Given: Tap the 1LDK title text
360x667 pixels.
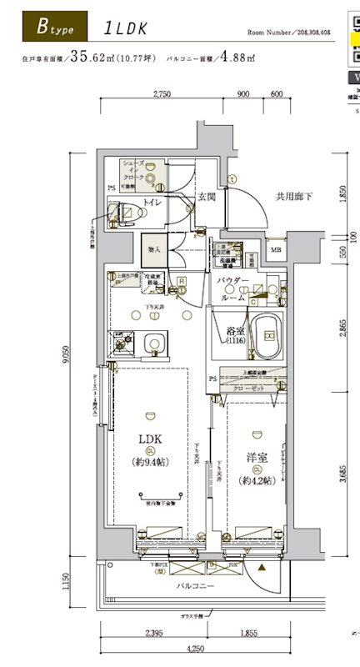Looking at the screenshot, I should (x=126, y=28).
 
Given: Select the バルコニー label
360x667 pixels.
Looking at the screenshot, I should (x=195, y=587).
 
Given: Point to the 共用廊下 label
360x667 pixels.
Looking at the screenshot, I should (x=294, y=197).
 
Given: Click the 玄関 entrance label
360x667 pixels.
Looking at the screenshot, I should (x=207, y=198).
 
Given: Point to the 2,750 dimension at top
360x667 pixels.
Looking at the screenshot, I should (x=162, y=94).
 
